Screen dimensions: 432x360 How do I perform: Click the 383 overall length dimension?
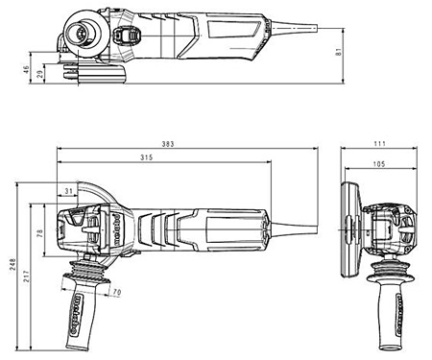[x=168, y=144]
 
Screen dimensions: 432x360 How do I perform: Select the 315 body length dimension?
[x=147, y=157]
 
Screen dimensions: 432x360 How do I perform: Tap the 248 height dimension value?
[x=12, y=264]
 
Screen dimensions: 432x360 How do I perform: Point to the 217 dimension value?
[x=26, y=276]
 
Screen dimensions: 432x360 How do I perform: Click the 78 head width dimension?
[x=40, y=232]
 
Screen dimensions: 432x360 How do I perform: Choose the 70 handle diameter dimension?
[x=117, y=292]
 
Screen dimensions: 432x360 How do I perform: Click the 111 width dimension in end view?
[x=379, y=144]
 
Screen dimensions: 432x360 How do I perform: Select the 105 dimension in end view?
[x=379, y=164]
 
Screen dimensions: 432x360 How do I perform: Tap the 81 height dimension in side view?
[x=339, y=52]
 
